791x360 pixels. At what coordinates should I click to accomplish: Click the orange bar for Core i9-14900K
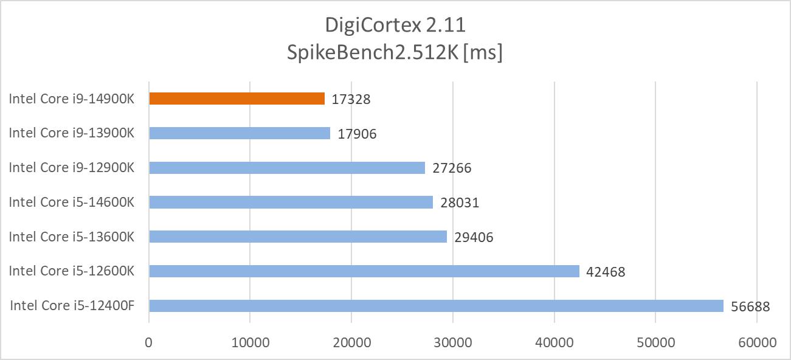tap(237, 99)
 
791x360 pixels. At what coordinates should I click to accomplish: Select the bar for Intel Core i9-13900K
tap(240, 133)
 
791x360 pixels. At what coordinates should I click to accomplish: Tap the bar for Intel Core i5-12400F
tap(436, 306)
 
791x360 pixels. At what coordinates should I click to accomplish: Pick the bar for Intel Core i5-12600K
tap(364, 271)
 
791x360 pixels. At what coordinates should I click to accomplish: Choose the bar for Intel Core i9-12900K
tap(286, 168)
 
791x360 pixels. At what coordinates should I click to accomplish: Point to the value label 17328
tap(351, 99)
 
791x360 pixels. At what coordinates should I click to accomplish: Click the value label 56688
tap(750, 306)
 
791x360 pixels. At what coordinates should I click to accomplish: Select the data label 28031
tap(460, 202)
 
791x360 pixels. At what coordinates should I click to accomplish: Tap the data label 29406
tap(474, 237)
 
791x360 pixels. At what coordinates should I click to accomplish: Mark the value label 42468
tap(606, 272)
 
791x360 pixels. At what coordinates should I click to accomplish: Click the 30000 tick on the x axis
tap(452, 342)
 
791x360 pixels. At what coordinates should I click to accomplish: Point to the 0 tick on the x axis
tap(149, 342)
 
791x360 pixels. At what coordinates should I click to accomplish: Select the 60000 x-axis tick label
tap(756, 342)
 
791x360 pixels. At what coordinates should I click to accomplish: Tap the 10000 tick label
tap(250, 342)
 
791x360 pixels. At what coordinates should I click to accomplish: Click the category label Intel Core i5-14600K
tap(72, 202)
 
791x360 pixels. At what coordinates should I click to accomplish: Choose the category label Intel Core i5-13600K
tap(72, 237)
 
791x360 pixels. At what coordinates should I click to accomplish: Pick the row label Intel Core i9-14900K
tap(72, 99)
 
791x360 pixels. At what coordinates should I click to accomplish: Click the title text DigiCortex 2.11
tap(395, 26)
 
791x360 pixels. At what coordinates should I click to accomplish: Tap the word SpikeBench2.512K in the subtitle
tap(371, 53)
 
